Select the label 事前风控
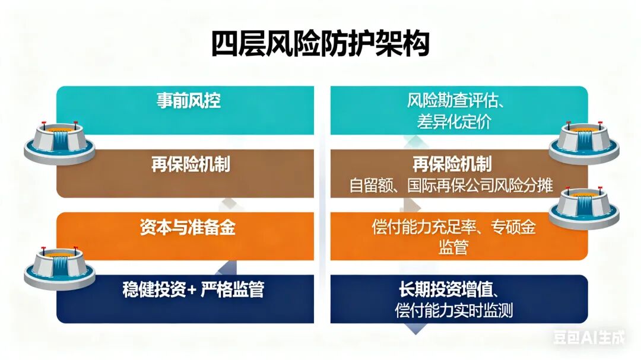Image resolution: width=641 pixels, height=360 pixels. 189,100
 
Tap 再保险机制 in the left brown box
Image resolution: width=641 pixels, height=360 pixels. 191,164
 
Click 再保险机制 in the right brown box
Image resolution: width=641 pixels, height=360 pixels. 452,164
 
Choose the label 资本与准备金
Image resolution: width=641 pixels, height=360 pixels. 188,227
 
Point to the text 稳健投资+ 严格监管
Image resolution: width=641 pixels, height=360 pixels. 193,289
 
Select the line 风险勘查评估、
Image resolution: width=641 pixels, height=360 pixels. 455,100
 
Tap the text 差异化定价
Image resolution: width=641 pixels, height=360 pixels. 453,122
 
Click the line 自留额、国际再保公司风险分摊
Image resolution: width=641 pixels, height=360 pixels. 451,186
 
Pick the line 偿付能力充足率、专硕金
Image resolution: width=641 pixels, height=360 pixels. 453,227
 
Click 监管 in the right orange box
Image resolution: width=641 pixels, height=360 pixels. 453,247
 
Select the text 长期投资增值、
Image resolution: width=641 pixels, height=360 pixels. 449,289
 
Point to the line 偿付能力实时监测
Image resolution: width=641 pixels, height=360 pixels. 454,311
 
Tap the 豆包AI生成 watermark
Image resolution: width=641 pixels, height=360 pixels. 589,337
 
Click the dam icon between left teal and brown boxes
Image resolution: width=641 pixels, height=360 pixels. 60,142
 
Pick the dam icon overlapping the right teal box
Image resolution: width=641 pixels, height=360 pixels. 584,142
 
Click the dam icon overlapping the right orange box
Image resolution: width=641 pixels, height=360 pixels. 584,207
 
